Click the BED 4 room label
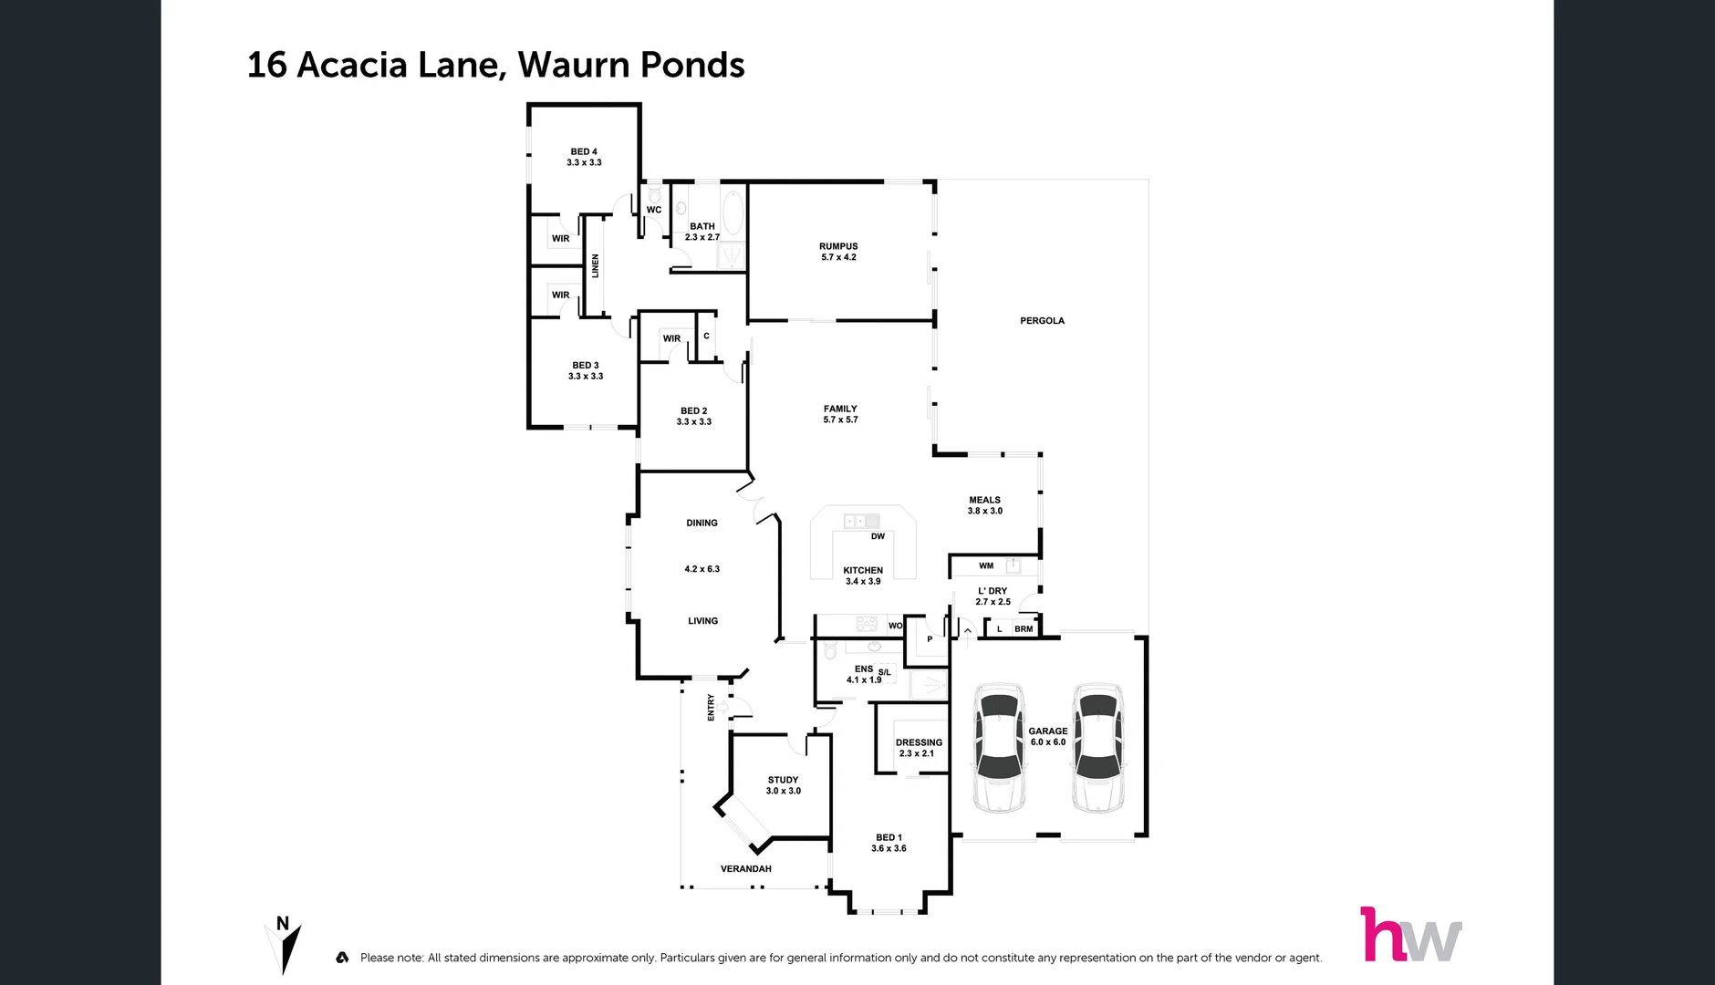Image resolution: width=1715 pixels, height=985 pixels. [584, 157]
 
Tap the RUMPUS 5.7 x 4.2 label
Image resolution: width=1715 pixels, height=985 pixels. [838, 252]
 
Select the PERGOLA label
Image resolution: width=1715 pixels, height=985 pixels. [1042, 321]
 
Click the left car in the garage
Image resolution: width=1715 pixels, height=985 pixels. [999, 747]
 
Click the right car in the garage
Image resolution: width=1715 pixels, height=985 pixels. [1097, 747]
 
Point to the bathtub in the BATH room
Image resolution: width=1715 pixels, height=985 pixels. [733, 213]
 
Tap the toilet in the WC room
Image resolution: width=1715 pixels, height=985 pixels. [654, 194]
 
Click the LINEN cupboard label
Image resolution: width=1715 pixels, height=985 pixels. [596, 266]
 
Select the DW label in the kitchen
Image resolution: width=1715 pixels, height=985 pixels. [878, 536]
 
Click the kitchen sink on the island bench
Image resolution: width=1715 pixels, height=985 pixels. [860, 521]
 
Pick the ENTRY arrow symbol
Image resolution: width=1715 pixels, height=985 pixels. [722, 707]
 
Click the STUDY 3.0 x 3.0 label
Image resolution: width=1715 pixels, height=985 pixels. [783, 785]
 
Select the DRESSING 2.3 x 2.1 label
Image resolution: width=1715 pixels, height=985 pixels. [918, 748]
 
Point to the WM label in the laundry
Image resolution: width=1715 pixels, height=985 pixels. [986, 565]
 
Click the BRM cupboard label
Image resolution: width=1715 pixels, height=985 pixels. [1024, 629]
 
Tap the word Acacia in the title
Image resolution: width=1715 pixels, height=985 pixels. [352, 65]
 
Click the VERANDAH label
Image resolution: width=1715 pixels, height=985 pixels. [745, 869]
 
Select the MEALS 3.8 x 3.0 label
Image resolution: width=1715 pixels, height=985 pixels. [984, 505]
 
